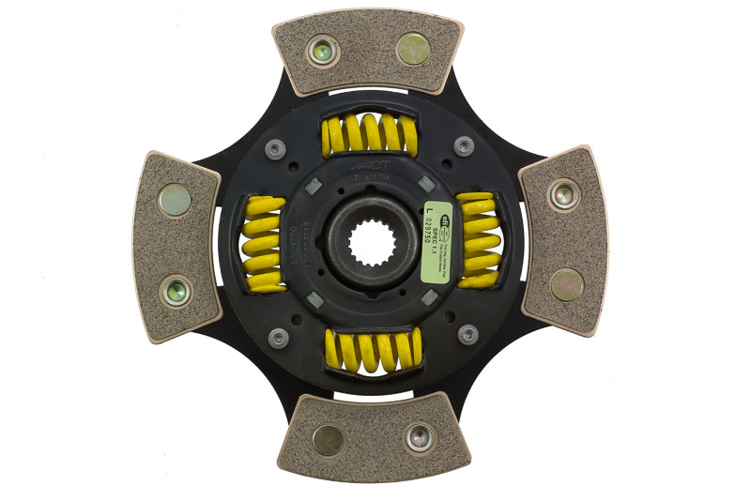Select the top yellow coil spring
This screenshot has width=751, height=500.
(369, 135)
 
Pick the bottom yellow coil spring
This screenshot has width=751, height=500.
(373, 350)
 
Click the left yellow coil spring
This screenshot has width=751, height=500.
(263, 244)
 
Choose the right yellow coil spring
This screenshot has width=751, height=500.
(479, 240)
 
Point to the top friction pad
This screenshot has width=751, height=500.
(369, 52)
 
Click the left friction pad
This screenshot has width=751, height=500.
(176, 246)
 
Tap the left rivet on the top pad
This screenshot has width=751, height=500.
(323, 51)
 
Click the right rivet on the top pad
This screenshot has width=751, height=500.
(413, 49)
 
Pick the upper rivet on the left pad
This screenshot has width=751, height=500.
(174, 200)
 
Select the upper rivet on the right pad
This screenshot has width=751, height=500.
(563, 194)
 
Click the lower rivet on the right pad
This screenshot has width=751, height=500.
(567, 285)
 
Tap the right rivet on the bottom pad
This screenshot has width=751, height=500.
(420, 436)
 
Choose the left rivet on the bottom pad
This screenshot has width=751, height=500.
(328, 440)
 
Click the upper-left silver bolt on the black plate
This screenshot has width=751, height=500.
(275, 148)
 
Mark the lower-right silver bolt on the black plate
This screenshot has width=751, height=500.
(467, 335)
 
